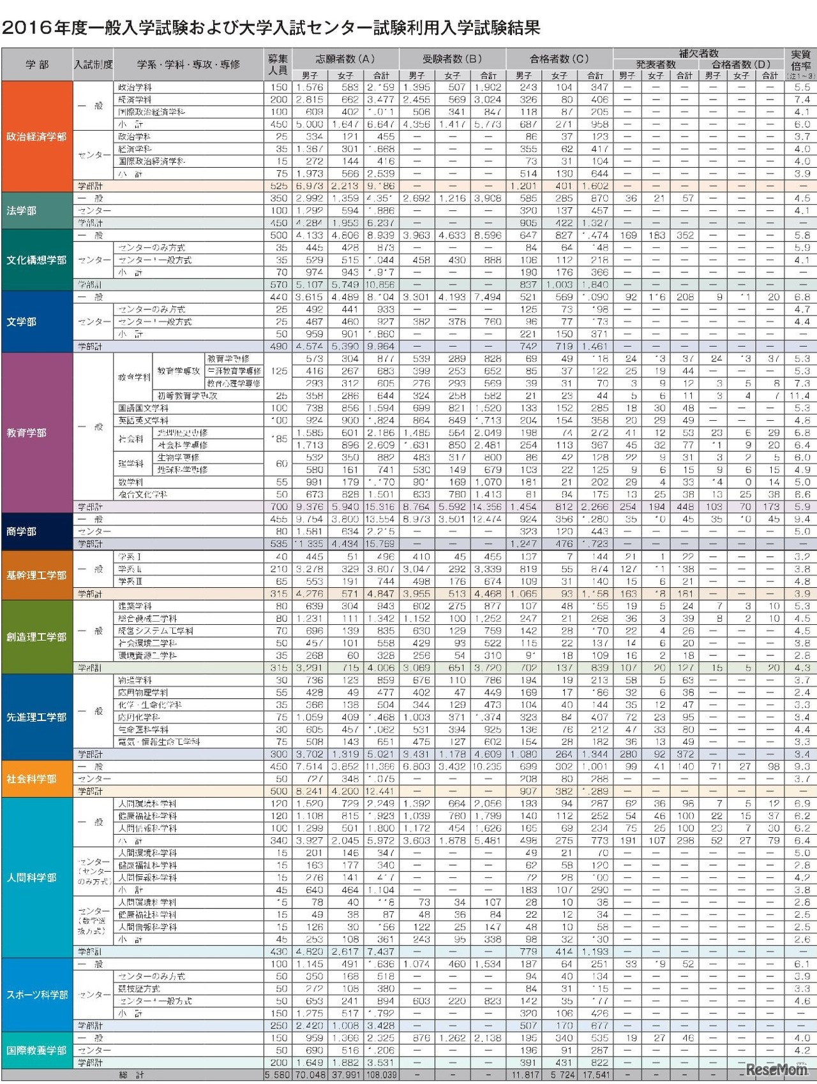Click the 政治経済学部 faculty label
[x=36, y=136]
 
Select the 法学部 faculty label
[x=22, y=210]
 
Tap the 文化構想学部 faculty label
[x=36, y=260]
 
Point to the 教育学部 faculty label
[x=27, y=433]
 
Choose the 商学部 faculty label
[x=22, y=531]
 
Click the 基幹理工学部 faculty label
[x=36, y=575]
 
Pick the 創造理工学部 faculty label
[x=36, y=637]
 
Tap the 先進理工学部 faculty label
[x=36, y=717]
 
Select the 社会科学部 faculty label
[x=32, y=779]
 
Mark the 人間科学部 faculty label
[x=32, y=878]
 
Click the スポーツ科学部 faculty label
[x=37, y=995]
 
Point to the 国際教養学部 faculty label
[x=36, y=1050]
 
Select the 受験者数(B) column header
[x=452, y=59]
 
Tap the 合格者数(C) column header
[x=559, y=59]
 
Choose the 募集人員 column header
[x=278, y=64]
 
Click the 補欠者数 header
[x=698, y=53]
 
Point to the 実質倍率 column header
[x=800, y=61]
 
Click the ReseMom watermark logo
[x=776, y=1069]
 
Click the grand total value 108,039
[x=381, y=1075]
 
